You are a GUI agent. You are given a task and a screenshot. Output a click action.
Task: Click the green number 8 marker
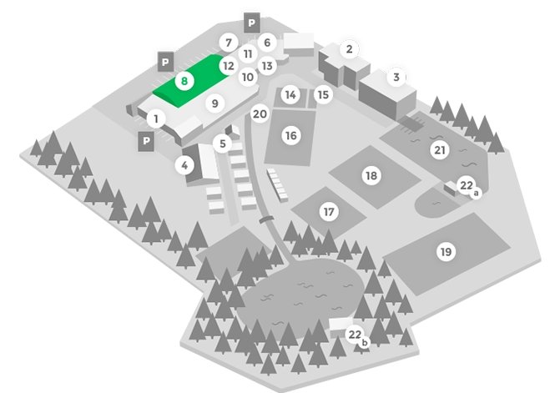(184, 81)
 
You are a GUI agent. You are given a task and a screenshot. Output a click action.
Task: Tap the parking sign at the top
(252, 23)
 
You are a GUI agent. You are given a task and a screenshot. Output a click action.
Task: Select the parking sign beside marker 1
(146, 141)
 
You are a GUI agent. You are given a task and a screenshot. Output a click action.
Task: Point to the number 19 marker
(446, 252)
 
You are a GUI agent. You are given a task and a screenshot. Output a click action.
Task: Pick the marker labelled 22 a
(469, 187)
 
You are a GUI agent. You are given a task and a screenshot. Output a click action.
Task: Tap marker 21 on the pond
(440, 150)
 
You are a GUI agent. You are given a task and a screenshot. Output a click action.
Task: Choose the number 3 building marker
(396, 77)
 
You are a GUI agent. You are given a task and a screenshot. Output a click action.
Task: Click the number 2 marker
(350, 49)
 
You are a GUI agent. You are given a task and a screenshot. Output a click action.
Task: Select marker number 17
(329, 212)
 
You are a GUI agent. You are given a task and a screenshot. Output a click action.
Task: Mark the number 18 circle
(371, 175)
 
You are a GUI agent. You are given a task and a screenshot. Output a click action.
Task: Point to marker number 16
(291, 136)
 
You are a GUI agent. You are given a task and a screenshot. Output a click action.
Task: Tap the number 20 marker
(260, 114)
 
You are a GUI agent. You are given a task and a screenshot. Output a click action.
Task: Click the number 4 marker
(184, 165)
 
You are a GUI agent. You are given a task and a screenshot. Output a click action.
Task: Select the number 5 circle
(223, 144)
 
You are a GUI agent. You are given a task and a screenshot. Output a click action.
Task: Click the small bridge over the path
(266, 219)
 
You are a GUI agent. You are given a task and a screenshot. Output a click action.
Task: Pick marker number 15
(323, 94)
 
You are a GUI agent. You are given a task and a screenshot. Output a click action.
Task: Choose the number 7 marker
(229, 43)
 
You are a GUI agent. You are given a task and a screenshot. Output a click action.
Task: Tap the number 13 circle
(267, 66)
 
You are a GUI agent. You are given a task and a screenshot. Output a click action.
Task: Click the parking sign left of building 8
(165, 62)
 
